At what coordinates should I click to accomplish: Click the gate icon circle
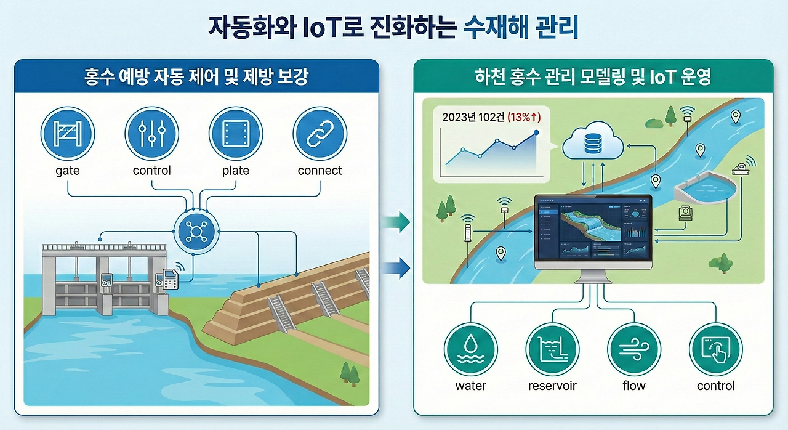(x=68, y=134)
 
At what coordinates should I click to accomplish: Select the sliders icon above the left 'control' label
(x=151, y=134)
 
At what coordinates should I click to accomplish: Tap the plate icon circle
(x=236, y=134)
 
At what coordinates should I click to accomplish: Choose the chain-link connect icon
(x=320, y=134)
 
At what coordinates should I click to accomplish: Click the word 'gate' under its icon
(x=68, y=171)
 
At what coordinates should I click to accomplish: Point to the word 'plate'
(x=236, y=171)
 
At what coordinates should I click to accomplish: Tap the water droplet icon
(x=471, y=348)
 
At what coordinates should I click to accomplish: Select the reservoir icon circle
(x=552, y=348)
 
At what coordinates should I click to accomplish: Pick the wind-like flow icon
(x=634, y=348)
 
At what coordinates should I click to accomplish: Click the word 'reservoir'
(x=552, y=386)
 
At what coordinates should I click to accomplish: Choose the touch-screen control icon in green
(x=715, y=348)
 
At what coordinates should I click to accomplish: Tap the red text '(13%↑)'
(x=524, y=116)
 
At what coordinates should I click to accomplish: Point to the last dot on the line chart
(x=536, y=132)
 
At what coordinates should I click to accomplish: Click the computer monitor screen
(x=593, y=230)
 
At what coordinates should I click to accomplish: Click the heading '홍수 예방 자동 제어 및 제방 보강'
(x=196, y=77)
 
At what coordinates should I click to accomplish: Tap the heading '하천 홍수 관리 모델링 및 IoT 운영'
(x=593, y=77)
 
